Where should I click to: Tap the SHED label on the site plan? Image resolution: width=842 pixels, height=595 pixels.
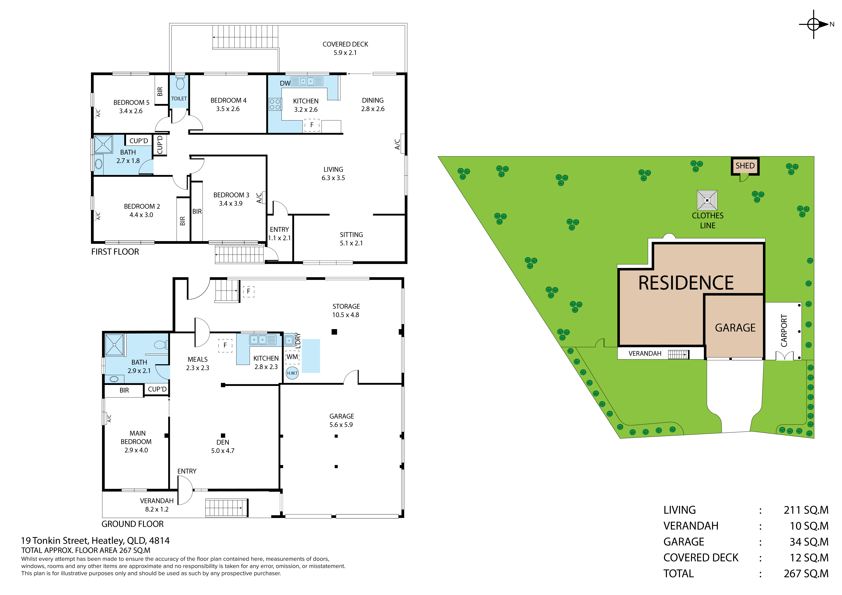(745, 166)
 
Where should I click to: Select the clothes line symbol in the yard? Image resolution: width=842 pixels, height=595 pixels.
(707, 200)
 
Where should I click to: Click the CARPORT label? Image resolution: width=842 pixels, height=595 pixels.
(784, 331)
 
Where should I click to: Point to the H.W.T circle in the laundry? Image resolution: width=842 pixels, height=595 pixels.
(292, 373)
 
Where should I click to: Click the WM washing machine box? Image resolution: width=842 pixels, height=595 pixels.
(292, 357)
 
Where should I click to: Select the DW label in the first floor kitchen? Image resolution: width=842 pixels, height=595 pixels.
(285, 83)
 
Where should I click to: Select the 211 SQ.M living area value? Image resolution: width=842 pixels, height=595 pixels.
(806, 510)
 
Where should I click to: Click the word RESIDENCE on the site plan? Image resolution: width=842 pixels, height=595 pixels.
(686, 283)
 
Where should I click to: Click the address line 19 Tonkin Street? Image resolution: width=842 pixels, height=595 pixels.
(95, 541)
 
